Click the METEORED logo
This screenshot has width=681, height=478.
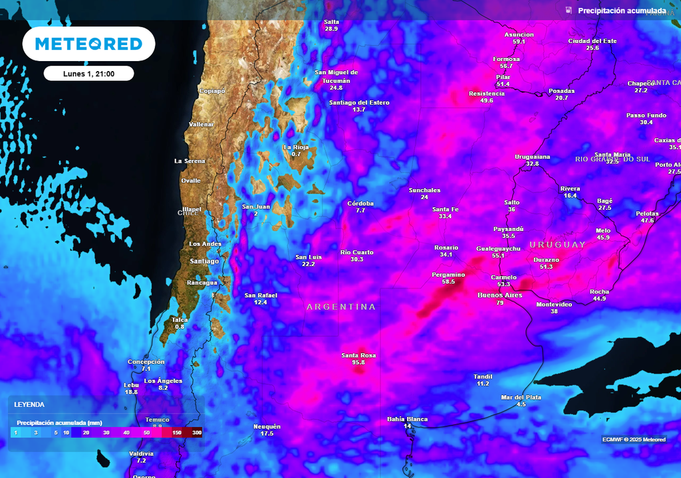[88, 44]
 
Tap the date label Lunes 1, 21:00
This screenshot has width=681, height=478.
[88, 74]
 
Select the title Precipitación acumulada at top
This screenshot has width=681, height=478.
[621, 11]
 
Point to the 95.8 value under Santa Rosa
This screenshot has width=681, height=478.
[358, 362]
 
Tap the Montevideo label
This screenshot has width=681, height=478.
[554, 304]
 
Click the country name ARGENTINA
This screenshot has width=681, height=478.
[341, 307]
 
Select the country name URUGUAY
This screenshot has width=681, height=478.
[558, 244]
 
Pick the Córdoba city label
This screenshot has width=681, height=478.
[360, 203]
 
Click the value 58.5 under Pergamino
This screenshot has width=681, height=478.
[448, 281]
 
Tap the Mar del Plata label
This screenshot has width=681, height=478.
[521, 397]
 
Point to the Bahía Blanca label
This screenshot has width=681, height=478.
[407, 419]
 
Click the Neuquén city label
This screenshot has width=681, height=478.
[267, 426]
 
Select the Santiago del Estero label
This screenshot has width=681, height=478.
[359, 103]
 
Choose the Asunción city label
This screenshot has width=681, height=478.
[519, 35]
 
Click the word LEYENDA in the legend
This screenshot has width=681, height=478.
[29, 404]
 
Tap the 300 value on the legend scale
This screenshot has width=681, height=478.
[197, 432]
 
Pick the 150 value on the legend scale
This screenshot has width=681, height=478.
[177, 432]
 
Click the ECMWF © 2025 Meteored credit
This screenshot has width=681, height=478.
[634, 439]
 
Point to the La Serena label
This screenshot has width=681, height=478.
[189, 161]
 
